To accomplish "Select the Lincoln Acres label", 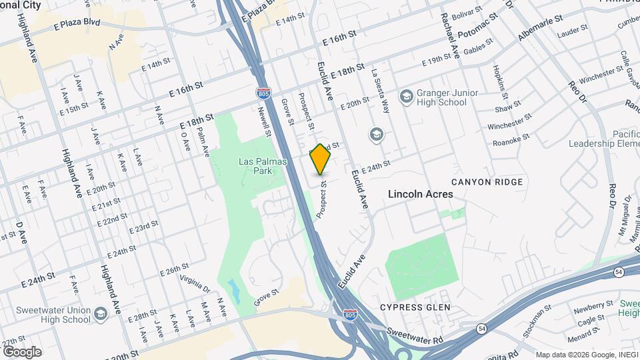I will [x=421, y=194].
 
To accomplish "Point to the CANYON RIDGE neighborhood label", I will [x=485, y=181].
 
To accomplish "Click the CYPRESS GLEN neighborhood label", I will [x=415, y=307].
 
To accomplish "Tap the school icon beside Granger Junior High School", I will [x=406, y=97].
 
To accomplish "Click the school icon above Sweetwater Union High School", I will [x=100, y=313].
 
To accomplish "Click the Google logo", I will [x=22, y=351].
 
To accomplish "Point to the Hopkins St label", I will [x=497, y=79].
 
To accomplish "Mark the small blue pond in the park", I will [x=234, y=289].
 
